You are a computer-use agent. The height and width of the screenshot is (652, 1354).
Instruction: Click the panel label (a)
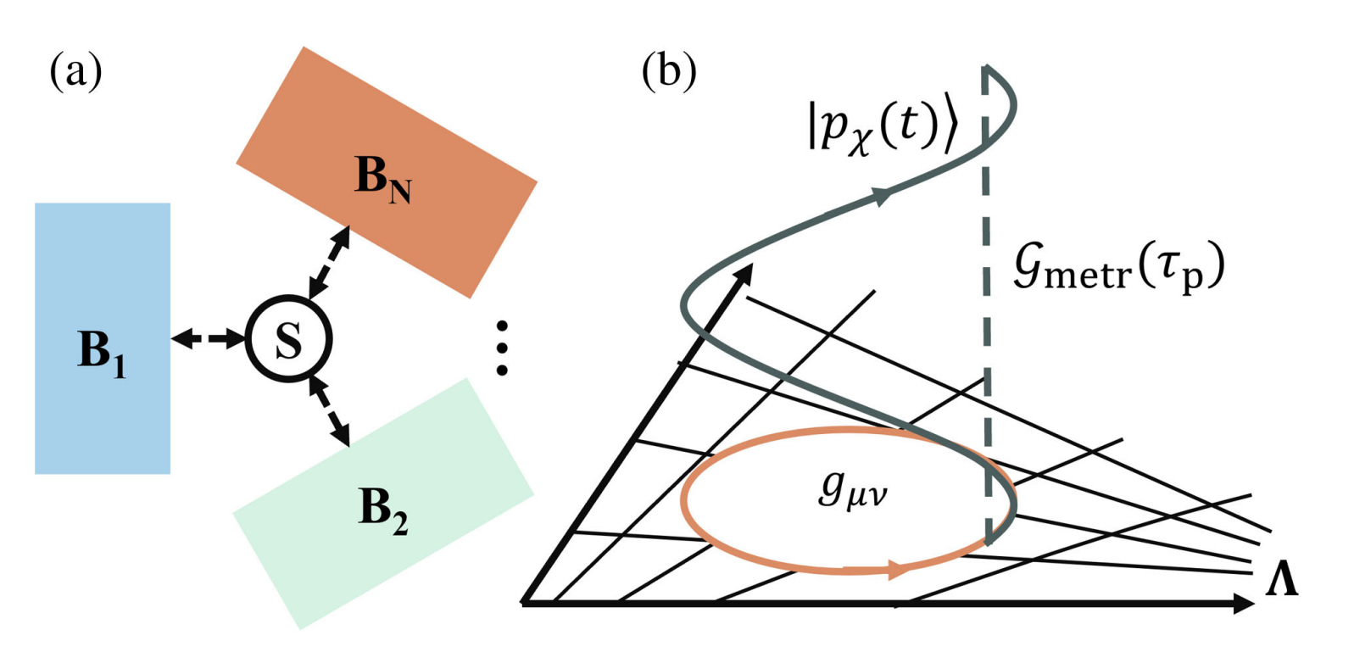[x=75, y=71]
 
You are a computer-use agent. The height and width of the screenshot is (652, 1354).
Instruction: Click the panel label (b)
[x=669, y=71]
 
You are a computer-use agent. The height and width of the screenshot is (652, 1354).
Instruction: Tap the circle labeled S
[x=288, y=339]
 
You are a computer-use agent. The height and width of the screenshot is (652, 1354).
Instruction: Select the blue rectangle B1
[x=102, y=254]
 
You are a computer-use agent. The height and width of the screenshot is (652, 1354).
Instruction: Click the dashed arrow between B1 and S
[x=208, y=339]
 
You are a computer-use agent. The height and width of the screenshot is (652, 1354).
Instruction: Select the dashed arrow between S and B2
[x=331, y=414]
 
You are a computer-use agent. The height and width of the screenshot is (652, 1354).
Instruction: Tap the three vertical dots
[x=502, y=348]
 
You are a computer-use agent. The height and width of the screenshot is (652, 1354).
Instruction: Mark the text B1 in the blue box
[x=102, y=351]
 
